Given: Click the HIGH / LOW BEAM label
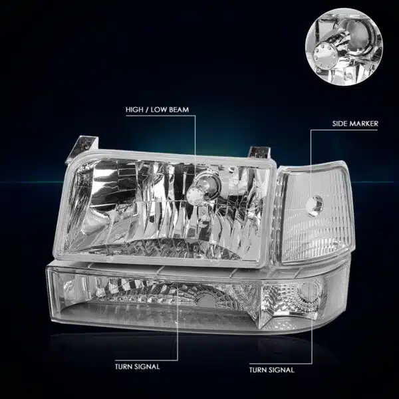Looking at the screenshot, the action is click(x=157, y=110).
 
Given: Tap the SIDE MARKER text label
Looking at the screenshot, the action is click(x=355, y=124).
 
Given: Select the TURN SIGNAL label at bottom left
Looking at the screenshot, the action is click(x=138, y=366).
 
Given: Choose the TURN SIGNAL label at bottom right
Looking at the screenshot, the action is click(x=272, y=370).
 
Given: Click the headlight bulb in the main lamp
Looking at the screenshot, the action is click(x=196, y=196).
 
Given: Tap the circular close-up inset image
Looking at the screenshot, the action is click(x=344, y=47).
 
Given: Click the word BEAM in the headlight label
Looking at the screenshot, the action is click(x=179, y=110).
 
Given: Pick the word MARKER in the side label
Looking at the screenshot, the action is click(x=364, y=124).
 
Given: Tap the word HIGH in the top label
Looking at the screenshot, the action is click(x=134, y=110).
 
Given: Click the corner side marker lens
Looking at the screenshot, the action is click(x=315, y=213).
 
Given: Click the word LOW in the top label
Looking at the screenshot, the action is click(x=158, y=110).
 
